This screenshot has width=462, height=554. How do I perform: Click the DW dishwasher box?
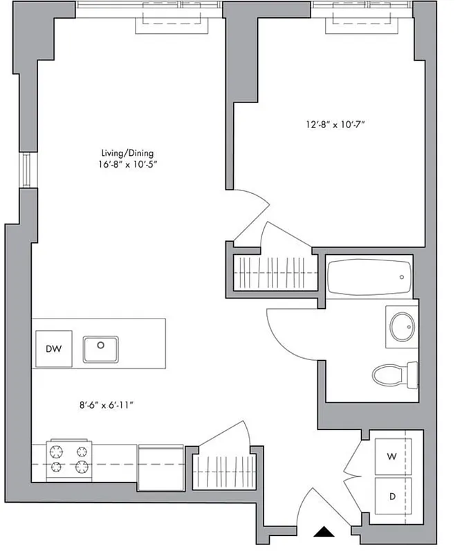[53, 349]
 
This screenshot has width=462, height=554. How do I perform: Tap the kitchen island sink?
[101, 349]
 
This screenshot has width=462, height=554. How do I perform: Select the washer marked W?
[391, 456]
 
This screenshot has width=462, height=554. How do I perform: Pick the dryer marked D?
[391, 497]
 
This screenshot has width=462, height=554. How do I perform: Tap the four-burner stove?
[68, 458]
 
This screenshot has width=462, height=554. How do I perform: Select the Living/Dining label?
[125, 153]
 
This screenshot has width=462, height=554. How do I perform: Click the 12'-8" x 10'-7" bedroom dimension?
[335, 125]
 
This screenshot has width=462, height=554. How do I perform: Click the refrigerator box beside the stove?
[161, 460]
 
